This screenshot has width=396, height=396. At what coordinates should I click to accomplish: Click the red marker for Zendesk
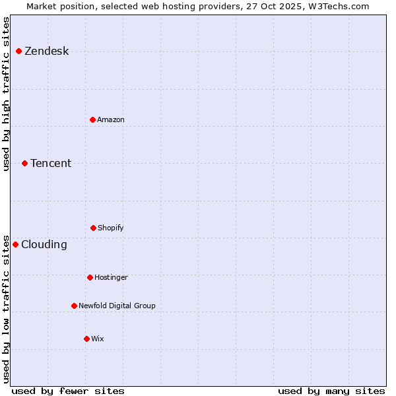[x=18, y=51]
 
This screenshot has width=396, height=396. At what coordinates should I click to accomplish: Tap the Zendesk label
[x=46, y=51]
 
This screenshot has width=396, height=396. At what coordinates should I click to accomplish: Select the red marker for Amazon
[x=92, y=119]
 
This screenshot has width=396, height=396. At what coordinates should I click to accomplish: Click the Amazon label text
[x=111, y=119]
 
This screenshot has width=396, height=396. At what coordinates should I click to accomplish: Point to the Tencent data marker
[x=24, y=163]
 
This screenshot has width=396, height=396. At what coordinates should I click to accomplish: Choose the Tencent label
[x=51, y=164]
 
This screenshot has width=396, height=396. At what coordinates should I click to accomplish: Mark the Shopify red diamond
[x=93, y=228]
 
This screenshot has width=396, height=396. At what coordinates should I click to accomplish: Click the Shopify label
[x=111, y=228]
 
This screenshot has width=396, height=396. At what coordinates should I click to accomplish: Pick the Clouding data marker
[x=15, y=244]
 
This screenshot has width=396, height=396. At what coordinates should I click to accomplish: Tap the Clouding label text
[x=44, y=245]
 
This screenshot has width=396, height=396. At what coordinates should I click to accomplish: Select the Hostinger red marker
[x=90, y=277]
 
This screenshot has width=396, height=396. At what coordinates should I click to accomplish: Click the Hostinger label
[x=111, y=277]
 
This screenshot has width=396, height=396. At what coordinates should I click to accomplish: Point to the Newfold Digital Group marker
[x=74, y=306]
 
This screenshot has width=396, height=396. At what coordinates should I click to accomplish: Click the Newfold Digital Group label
[x=117, y=306]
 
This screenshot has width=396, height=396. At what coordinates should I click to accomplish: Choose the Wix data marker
[x=86, y=339]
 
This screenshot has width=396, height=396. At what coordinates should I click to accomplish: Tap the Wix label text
[x=98, y=339]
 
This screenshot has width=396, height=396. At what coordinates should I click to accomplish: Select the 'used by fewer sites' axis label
[x=68, y=391]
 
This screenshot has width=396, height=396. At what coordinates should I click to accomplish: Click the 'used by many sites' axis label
[x=331, y=391]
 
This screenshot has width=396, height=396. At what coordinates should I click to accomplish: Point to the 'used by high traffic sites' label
[x=6, y=94]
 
